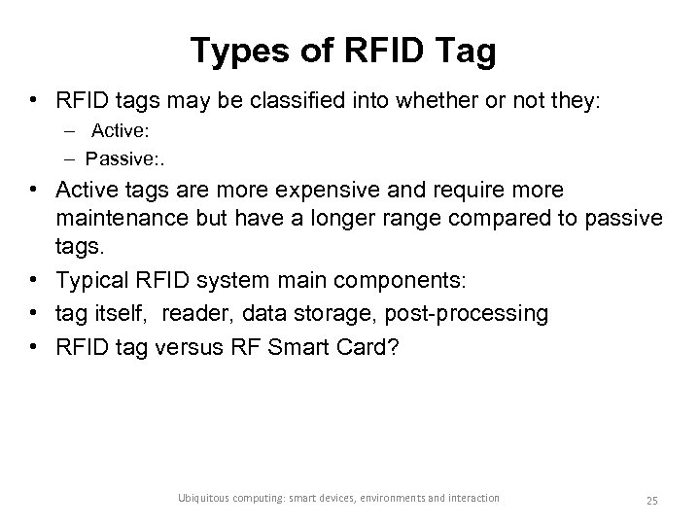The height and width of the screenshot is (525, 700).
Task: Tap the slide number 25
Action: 651,500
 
